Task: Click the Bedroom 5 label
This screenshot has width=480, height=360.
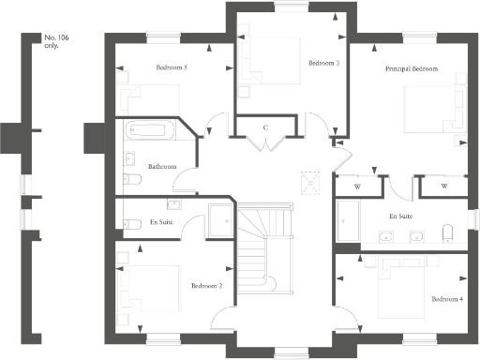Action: click(172, 67)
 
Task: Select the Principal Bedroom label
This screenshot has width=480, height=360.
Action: click(412, 69)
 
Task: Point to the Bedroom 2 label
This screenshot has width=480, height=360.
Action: click(206, 285)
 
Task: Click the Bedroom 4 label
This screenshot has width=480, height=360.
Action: click(447, 299)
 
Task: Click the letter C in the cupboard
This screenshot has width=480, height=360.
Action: click(266, 127)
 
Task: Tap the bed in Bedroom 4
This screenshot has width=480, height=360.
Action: click(402, 295)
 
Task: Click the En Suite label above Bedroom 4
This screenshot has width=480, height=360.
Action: click(401, 216)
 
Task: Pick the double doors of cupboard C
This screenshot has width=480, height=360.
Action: click(266, 143)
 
